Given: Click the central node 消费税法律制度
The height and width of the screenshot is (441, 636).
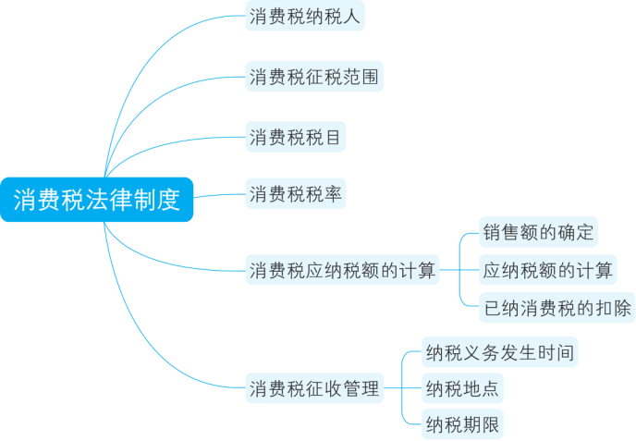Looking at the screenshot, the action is (x=97, y=199).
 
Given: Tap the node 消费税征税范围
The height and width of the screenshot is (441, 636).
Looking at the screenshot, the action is (x=313, y=77).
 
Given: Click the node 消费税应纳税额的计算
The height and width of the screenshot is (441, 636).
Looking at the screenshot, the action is (x=341, y=271).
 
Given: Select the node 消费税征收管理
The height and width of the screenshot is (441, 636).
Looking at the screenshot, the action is (x=314, y=389).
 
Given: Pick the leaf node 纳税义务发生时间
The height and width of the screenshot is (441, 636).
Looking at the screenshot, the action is (x=499, y=352).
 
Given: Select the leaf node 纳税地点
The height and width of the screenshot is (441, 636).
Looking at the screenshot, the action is (x=462, y=387).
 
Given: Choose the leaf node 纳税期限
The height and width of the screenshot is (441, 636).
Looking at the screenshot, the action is (x=462, y=424).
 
